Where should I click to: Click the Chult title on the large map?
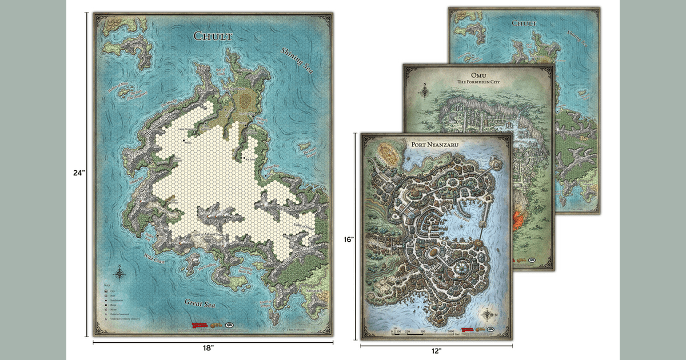[213, 37]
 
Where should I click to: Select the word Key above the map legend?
[106, 285]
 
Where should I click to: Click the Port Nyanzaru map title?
[436, 145]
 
